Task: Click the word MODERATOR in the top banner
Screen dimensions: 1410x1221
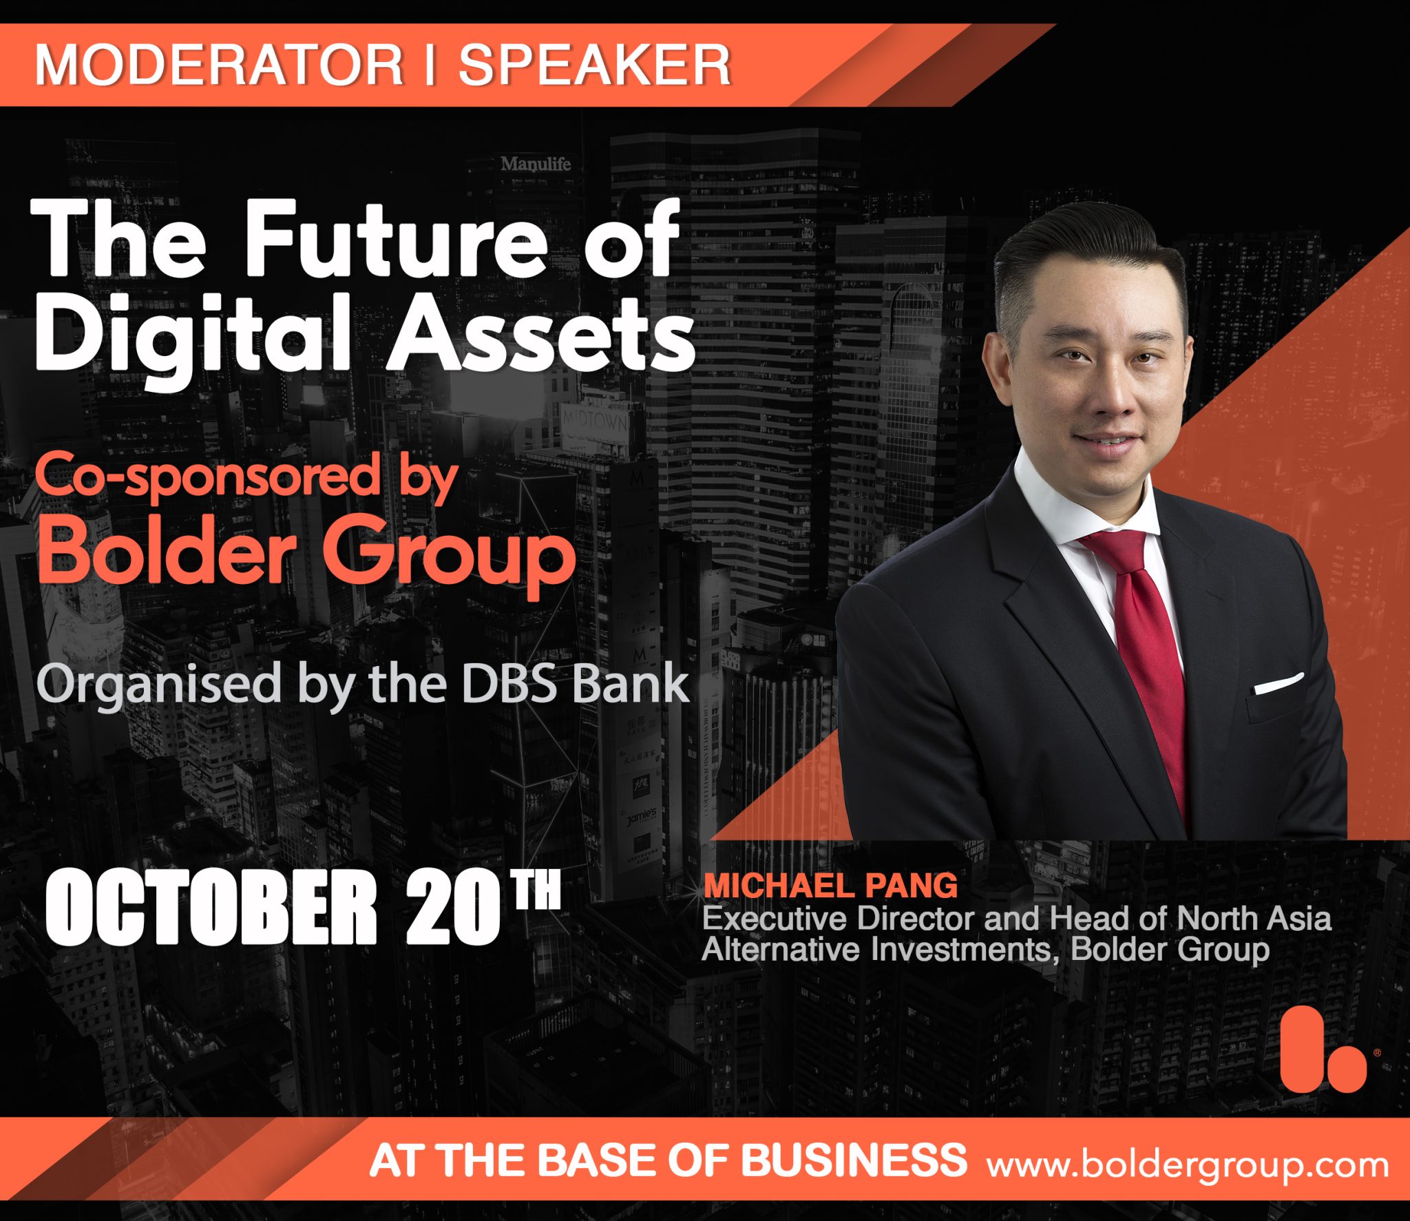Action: [218, 65]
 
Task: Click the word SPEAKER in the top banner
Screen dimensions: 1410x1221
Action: [594, 65]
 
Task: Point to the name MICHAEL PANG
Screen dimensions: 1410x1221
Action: [830, 886]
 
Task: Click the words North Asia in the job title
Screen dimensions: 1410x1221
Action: [1254, 918]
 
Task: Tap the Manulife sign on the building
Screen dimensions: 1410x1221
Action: [536, 164]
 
